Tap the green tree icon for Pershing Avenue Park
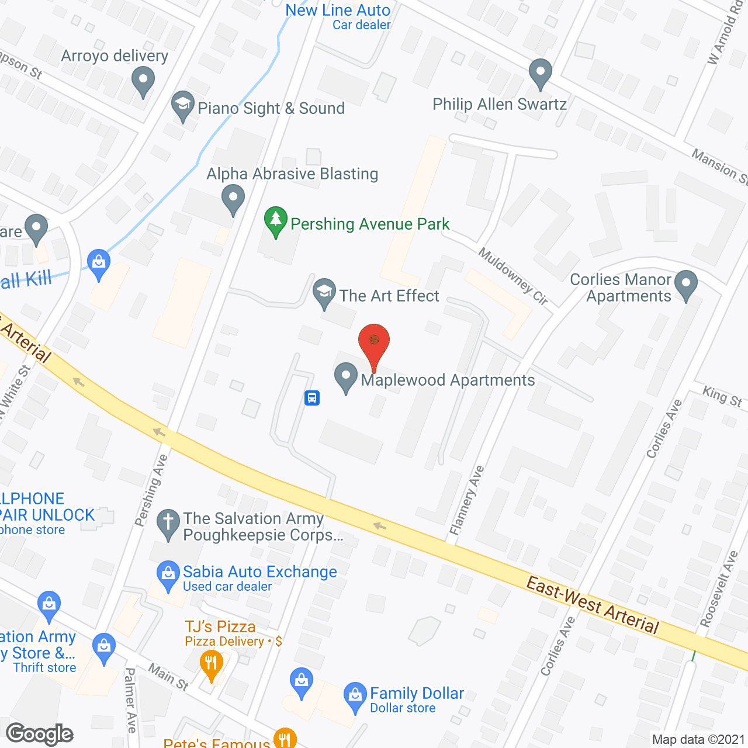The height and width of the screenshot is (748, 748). (275, 221)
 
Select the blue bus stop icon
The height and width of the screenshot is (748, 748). (312, 398)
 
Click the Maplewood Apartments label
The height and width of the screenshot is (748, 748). (448, 380)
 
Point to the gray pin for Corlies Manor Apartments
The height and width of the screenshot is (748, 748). (686, 285)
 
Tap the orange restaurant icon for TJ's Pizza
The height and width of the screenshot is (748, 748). (211, 664)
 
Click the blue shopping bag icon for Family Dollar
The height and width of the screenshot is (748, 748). (355, 696)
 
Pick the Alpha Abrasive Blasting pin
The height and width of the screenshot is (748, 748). (233, 198)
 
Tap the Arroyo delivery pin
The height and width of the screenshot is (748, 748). (143, 81)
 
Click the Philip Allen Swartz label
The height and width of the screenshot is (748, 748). (500, 105)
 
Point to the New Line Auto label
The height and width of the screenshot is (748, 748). (338, 11)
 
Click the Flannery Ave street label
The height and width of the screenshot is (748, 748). (467, 500)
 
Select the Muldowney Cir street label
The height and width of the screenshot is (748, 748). (513, 276)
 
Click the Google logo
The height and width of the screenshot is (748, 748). (40, 733)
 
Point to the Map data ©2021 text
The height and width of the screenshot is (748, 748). (698, 740)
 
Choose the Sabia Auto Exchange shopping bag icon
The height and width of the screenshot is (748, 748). (168, 575)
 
